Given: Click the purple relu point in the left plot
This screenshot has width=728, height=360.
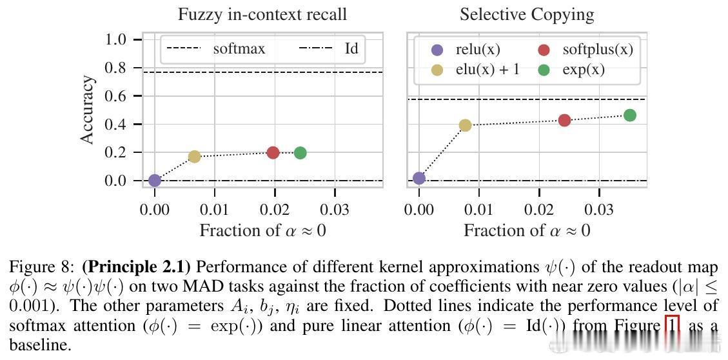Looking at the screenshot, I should [x=155, y=181].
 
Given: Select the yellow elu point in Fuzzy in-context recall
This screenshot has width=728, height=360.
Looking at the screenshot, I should [x=194, y=156].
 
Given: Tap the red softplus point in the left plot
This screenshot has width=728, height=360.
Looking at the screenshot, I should [x=273, y=152].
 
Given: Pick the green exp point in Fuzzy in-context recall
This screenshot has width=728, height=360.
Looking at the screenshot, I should [x=300, y=153].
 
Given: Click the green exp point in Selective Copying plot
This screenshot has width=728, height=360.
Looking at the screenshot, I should [x=630, y=115].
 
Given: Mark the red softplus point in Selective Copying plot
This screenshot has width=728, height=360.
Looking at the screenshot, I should [x=564, y=120].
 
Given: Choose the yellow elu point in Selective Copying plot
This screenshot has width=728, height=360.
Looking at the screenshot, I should [x=465, y=125].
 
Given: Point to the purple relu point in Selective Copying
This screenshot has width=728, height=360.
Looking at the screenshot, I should [x=419, y=178].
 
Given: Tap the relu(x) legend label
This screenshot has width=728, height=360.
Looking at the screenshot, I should [x=477, y=50].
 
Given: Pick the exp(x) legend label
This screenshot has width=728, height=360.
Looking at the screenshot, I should [x=583, y=70].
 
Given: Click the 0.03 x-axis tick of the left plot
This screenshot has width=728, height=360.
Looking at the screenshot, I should [x=335, y=210].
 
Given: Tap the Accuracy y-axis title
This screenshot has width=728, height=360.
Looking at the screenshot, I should [x=88, y=110].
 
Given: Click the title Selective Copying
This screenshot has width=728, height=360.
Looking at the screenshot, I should [x=527, y=14].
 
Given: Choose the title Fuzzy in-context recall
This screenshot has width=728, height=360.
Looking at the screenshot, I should [x=262, y=14].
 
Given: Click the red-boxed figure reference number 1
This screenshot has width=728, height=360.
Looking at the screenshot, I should [x=671, y=326].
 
